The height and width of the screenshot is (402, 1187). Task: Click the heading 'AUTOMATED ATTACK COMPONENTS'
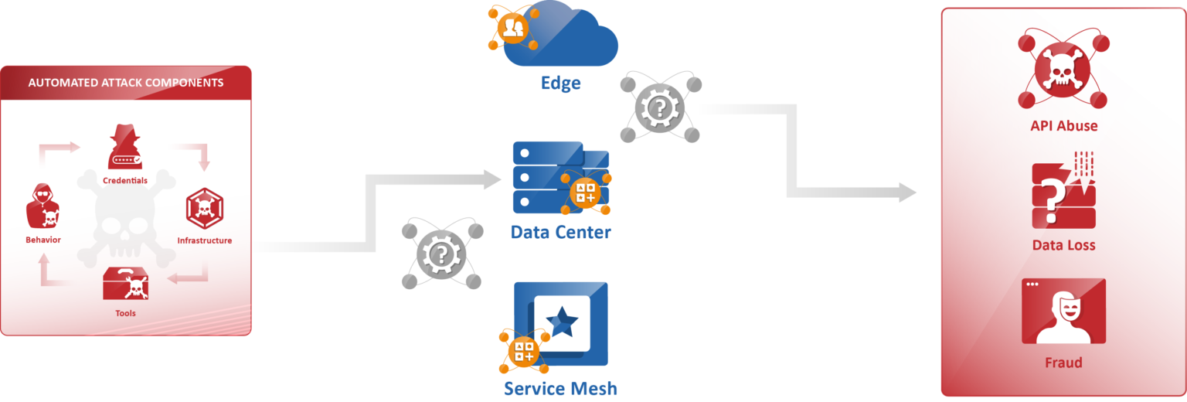[x=126, y=83]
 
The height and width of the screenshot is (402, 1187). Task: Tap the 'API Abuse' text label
[x=1063, y=126]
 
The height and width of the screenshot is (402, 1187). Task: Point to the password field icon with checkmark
[x=128, y=159]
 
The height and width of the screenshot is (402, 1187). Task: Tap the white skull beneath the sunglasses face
[x=51, y=217]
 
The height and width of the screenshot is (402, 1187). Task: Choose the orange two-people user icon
[x=513, y=29]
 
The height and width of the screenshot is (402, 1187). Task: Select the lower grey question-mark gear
[x=441, y=254]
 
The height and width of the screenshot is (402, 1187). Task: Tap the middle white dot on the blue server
[x=525, y=177]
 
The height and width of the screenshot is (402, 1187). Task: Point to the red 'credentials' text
[x=122, y=181]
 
